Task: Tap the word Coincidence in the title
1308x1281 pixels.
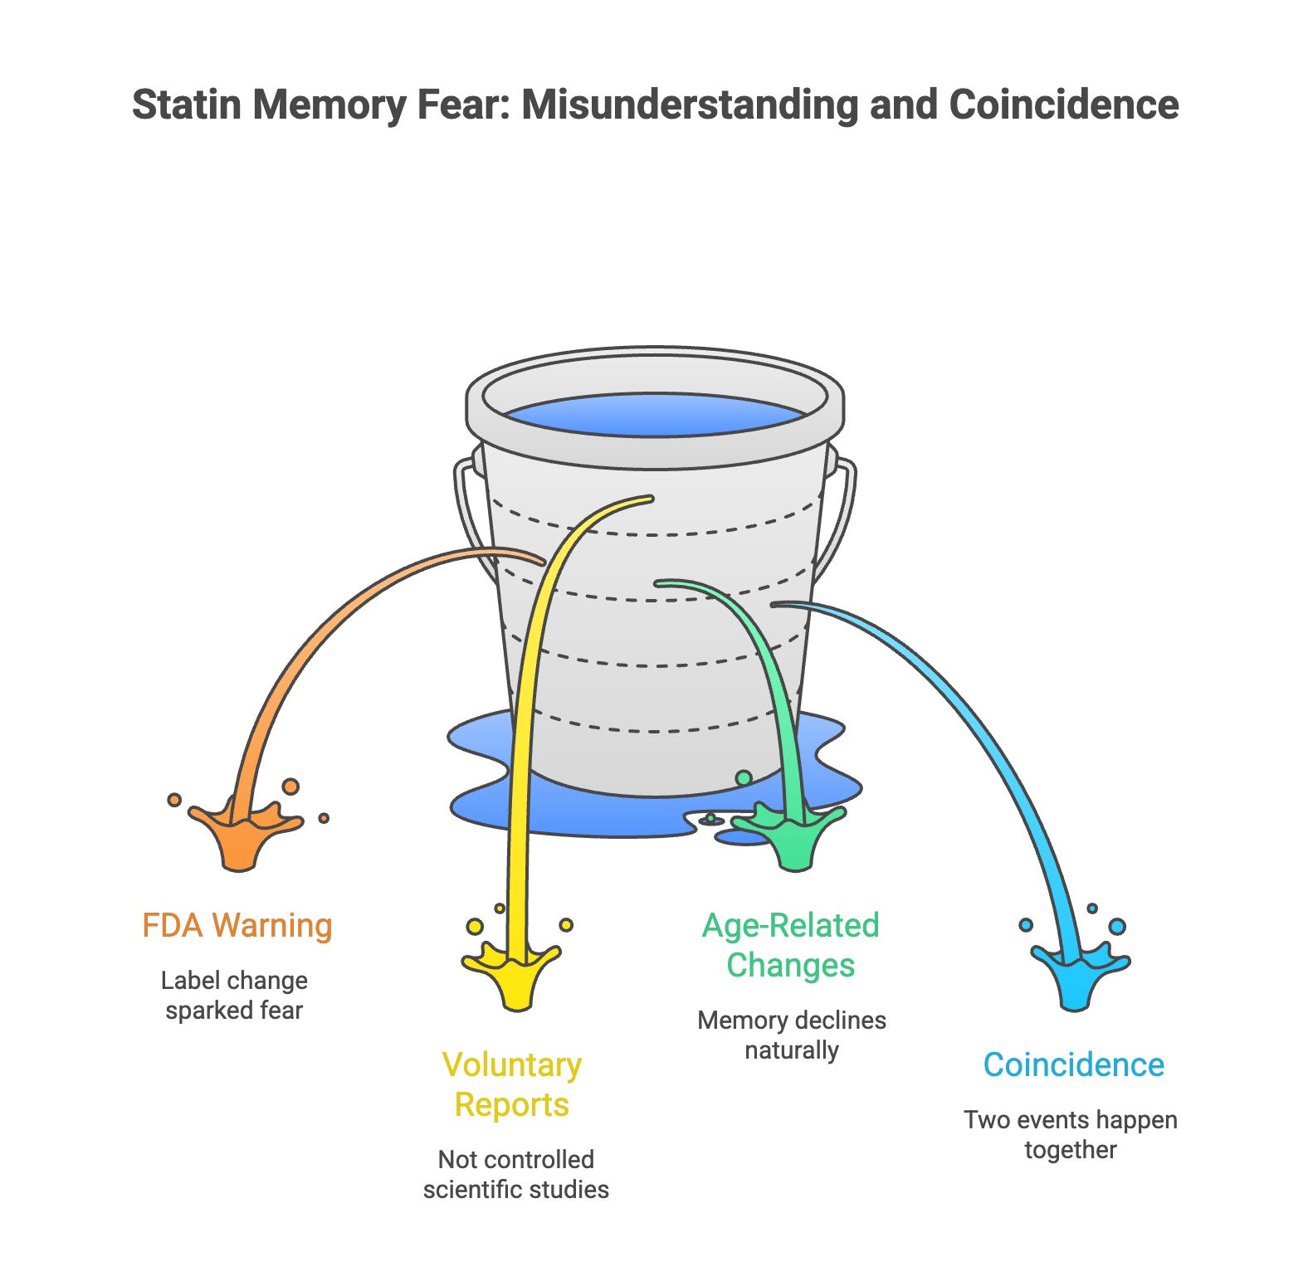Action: pyautogui.click(x=1063, y=105)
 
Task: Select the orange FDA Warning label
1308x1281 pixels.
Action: pyautogui.click(x=237, y=925)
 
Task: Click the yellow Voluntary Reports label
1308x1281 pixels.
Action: pyautogui.click(x=512, y=1084)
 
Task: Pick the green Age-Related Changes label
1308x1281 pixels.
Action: pyautogui.click(x=791, y=945)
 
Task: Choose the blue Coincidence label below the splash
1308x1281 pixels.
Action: pyautogui.click(x=1073, y=1064)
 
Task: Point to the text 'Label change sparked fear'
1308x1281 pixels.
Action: pyautogui.click(x=234, y=996)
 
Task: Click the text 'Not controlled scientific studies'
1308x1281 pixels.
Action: pyautogui.click(x=515, y=1174)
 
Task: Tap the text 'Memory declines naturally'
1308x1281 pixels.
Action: pyautogui.click(x=792, y=1035)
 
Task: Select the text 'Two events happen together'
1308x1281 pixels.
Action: pyautogui.click(x=1070, y=1134)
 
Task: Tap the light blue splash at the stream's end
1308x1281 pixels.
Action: pyautogui.click(x=1076, y=975)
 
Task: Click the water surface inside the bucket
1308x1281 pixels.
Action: pyautogui.click(x=655, y=413)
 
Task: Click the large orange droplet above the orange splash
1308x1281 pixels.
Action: pyautogui.click(x=290, y=786)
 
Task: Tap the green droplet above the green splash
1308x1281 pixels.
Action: pyautogui.click(x=744, y=778)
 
